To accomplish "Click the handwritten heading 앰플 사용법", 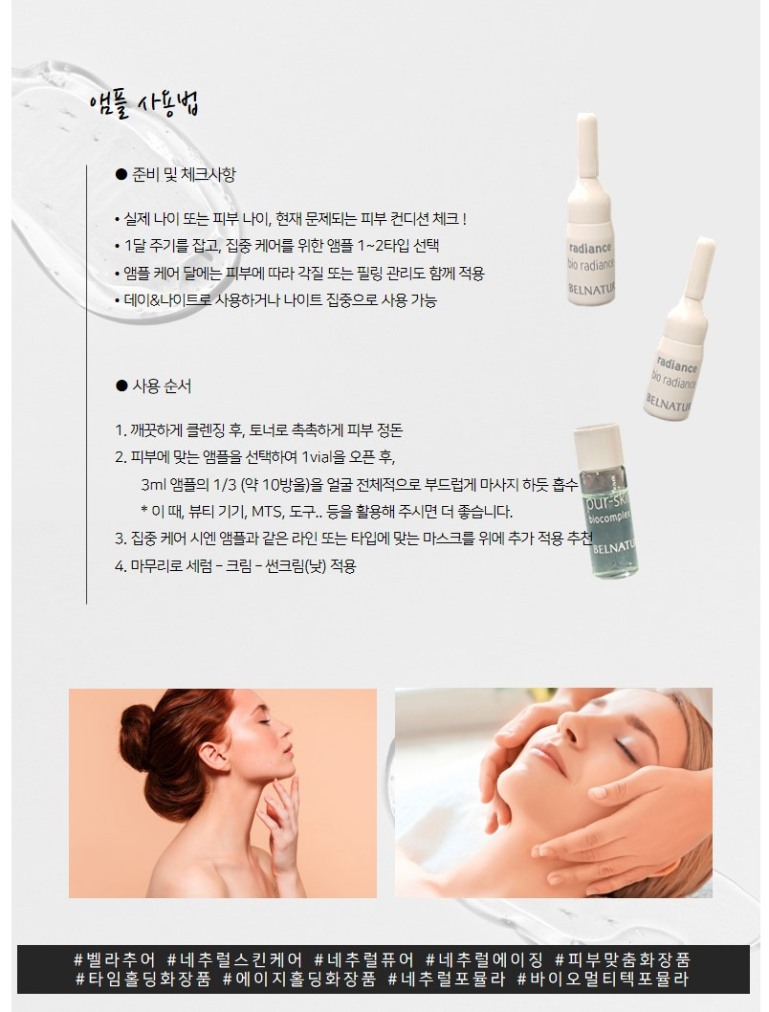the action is pyautogui.click(x=144, y=104).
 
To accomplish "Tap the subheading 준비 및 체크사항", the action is pyautogui.click(x=184, y=174).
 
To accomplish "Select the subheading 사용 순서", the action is pyautogui.click(x=162, y=385).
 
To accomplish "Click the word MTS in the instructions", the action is pyautogui.click(x=265, y=512).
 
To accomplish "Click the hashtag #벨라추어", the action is pyautogui.click(x=115, y=959).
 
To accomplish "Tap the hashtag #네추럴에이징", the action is pyautogui.click(x=486, y=959).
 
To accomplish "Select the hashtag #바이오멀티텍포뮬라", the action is pyautogui.click(x=603, y=979).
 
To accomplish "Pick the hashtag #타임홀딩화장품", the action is pyautogui.click(x=143, y=979).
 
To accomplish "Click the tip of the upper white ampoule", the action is pyautogui.click(x=586, y=118).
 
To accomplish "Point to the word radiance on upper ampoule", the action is pyautogui.click(x=589, y=248).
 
